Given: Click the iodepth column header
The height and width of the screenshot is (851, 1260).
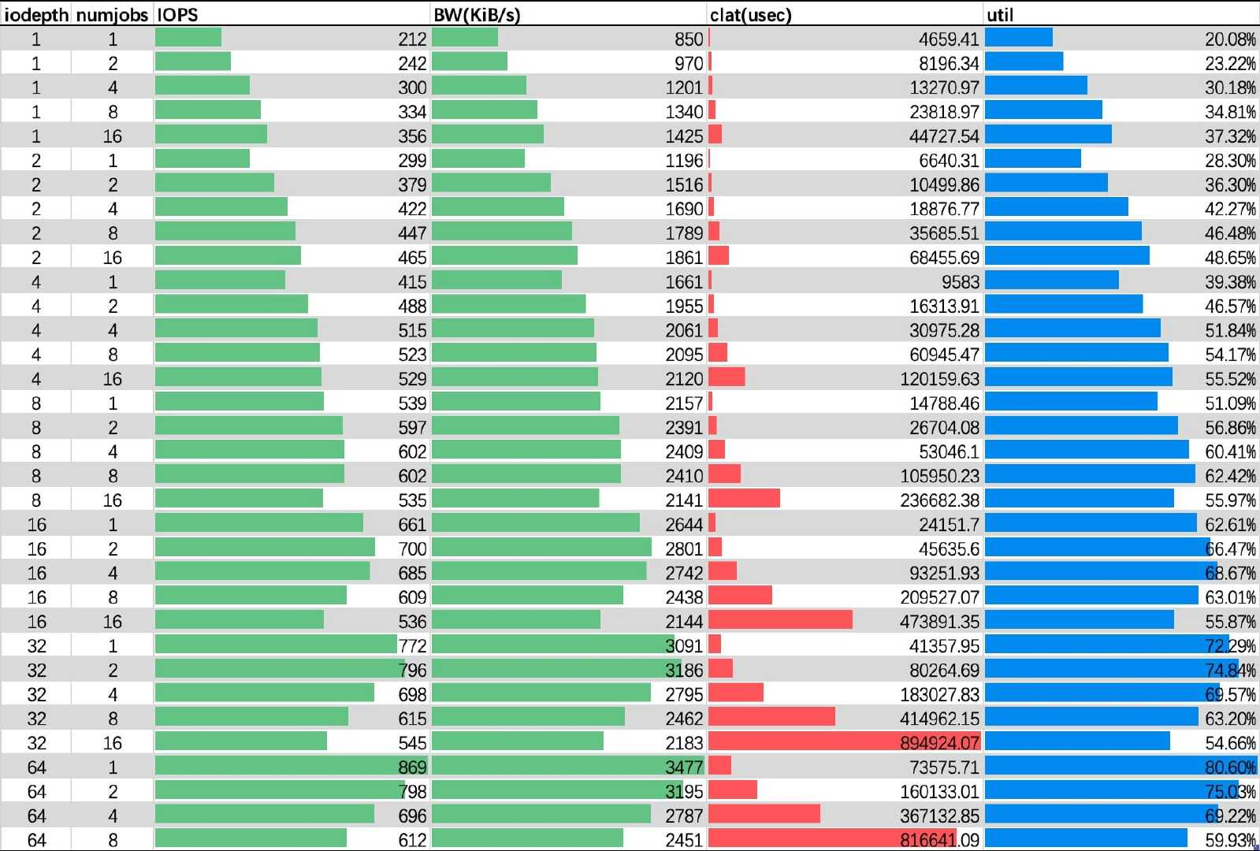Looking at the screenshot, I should pos(36,15).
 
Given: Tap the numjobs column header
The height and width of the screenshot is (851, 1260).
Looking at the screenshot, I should pos(112,15).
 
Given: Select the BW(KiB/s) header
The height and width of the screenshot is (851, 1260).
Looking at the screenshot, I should pos(477,15).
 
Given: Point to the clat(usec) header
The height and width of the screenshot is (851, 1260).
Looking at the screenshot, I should pos(750,15).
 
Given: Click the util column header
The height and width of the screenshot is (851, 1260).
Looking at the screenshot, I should pos(1000,15).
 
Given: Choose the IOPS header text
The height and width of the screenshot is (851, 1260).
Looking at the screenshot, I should pos(177,15).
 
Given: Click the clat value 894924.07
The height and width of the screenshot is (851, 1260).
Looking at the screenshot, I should pos(939,742).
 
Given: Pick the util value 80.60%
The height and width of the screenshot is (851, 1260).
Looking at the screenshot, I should pos(1230,767).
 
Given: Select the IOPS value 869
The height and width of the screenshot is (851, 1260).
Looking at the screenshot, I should pos(412,767).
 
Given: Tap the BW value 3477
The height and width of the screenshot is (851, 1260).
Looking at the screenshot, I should pos(684,767).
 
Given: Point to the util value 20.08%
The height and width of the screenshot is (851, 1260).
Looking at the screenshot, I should pos(1230,39).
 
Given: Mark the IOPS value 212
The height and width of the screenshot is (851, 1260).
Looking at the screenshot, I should pos(412,39).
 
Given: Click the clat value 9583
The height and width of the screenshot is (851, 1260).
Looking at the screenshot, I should pos(960,281).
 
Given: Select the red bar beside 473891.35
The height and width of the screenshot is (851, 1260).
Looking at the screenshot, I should pos(780,620).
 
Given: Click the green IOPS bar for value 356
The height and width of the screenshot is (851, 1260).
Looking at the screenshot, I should pos(211,135).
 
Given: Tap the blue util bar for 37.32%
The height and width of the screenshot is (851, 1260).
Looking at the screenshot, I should pos(1048,135).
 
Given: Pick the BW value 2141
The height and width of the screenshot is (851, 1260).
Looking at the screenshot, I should pos(684,500).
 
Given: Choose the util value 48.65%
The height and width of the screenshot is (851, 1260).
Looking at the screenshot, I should pos(1230,257).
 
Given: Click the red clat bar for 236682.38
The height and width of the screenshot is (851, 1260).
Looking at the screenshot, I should pos(744,499).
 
